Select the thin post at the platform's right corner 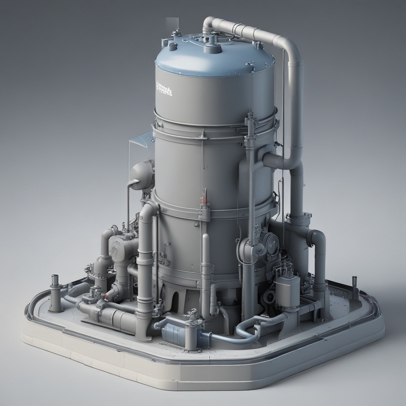tap(354, 282)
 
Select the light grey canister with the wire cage tap(287, 289)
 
